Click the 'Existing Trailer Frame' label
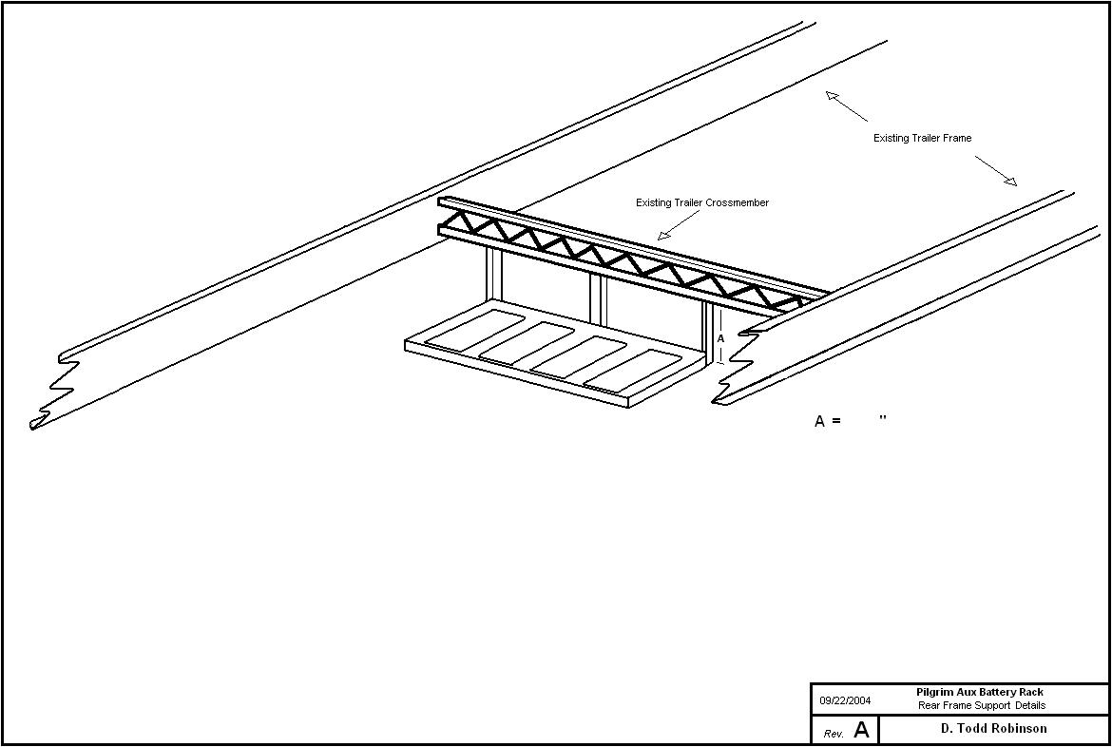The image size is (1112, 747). click(x=922, y=139)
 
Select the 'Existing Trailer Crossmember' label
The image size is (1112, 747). click(x=701, y=203)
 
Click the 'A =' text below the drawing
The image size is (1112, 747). click(x=827, y=421)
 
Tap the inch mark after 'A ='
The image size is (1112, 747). click(x=883, y=418)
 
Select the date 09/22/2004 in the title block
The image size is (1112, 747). click(x=845, y=701)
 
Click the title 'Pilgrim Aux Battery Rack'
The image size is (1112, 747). click(x=979, y=693)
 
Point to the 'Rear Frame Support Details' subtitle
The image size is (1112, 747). click(x=981, y=706)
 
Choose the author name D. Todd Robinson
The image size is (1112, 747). click(x=993, y=729)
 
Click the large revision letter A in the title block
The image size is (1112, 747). click(x=861, y=730)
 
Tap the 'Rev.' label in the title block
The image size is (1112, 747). click(x=834, y=734)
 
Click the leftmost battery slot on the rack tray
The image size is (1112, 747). click(x=474, y=329)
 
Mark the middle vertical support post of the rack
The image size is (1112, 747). click(x=597, y=297)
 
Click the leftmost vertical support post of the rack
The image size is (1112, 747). click(x=493, y=275)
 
